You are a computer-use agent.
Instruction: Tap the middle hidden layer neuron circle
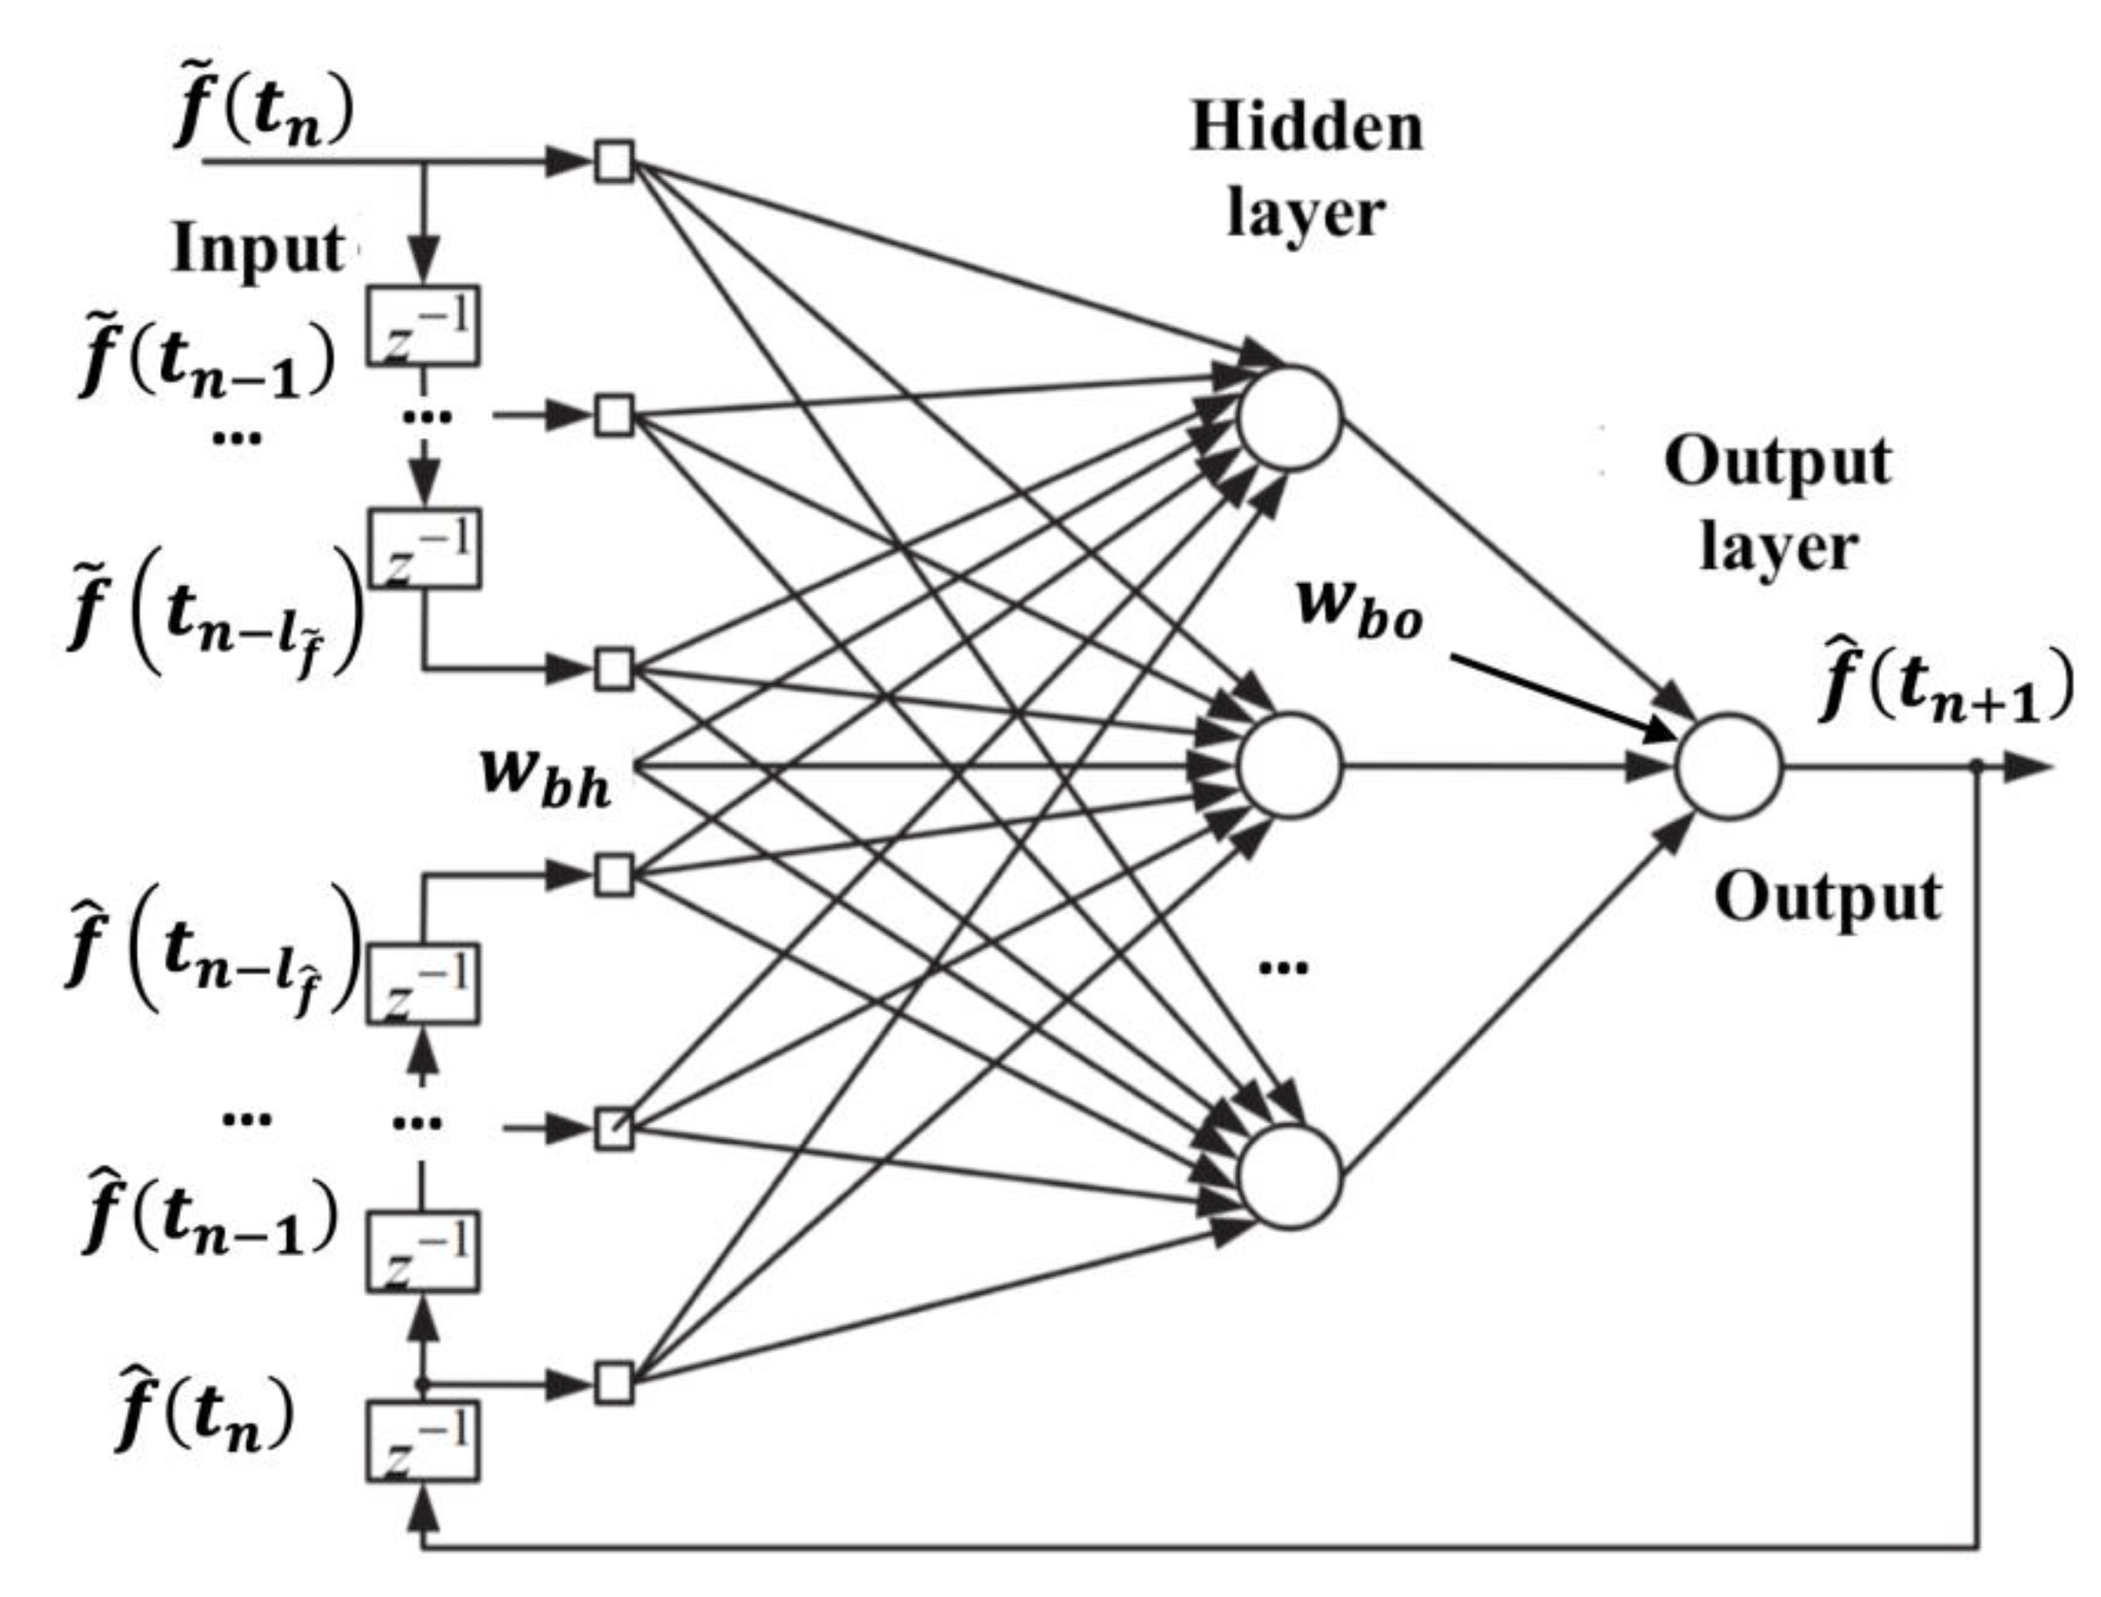1289,766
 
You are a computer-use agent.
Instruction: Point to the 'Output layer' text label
1778,504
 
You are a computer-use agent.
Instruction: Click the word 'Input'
258,249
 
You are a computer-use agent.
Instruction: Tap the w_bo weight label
1359,608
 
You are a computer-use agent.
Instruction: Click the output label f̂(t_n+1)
1945,687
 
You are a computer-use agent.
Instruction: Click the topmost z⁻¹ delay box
423,326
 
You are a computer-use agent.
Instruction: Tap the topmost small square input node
614,162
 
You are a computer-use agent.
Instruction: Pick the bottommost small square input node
614,1384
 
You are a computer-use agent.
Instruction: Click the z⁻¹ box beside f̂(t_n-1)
423,1251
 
